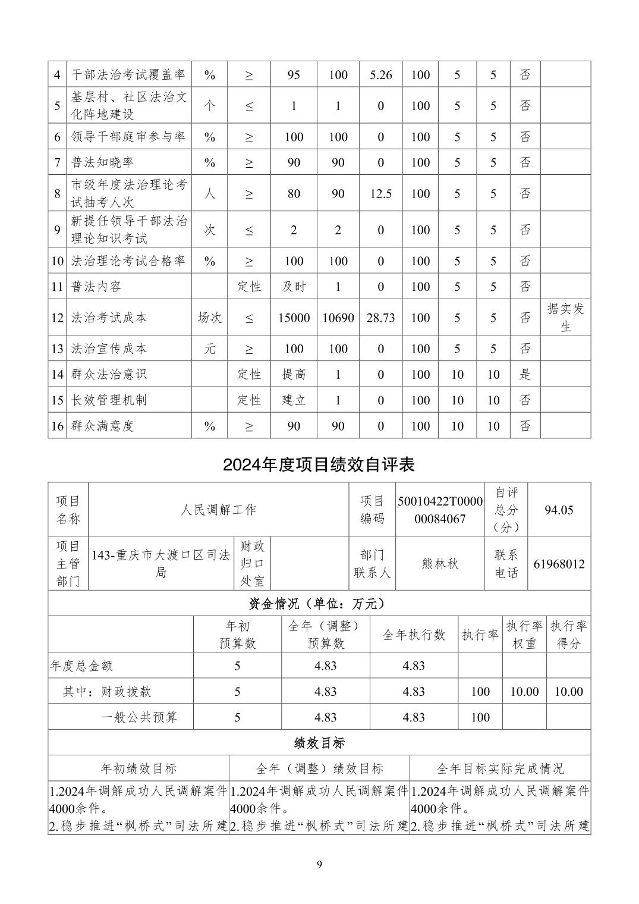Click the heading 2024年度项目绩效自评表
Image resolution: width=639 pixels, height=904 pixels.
pyautogui.click(x=319, y=464)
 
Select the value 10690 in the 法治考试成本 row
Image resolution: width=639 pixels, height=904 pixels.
pyautogui.click(x=338, y=318)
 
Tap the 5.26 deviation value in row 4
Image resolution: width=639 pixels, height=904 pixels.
pyautogui.click(x=380, y=75)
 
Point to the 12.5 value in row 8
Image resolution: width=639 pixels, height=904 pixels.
pyautogui.click(x=380, y=193)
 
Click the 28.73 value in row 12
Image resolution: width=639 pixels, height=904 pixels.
pyautogui.click(x=380, y=318)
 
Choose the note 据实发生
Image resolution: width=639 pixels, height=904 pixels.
pyautogui.click(x=565, y=318)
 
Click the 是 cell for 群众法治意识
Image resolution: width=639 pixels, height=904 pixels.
pyautogui.click(x=525, y=374)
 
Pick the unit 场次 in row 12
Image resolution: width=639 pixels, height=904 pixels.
pyautogui.click(x=209, y=318)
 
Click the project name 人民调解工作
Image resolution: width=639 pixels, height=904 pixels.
pyautogui.click(x=218, y=510)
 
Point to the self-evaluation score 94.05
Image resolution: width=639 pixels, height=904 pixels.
pyautogui.click(x=559, y=510)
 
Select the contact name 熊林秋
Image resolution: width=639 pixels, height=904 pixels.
pyautogui.click(x=440, y=564)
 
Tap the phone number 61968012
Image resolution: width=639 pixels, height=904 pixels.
pyautogui.click(x=559, y=564)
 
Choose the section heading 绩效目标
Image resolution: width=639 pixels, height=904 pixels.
pyautogui.click(x=319, y=743)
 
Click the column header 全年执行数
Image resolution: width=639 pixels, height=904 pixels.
pyautogui.click(x=414, y=635)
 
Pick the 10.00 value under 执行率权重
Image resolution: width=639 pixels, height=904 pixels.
pyautogui.click(x=524, y=692)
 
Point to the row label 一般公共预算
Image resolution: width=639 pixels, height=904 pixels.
pyautogui.click(x=139, y=717)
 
